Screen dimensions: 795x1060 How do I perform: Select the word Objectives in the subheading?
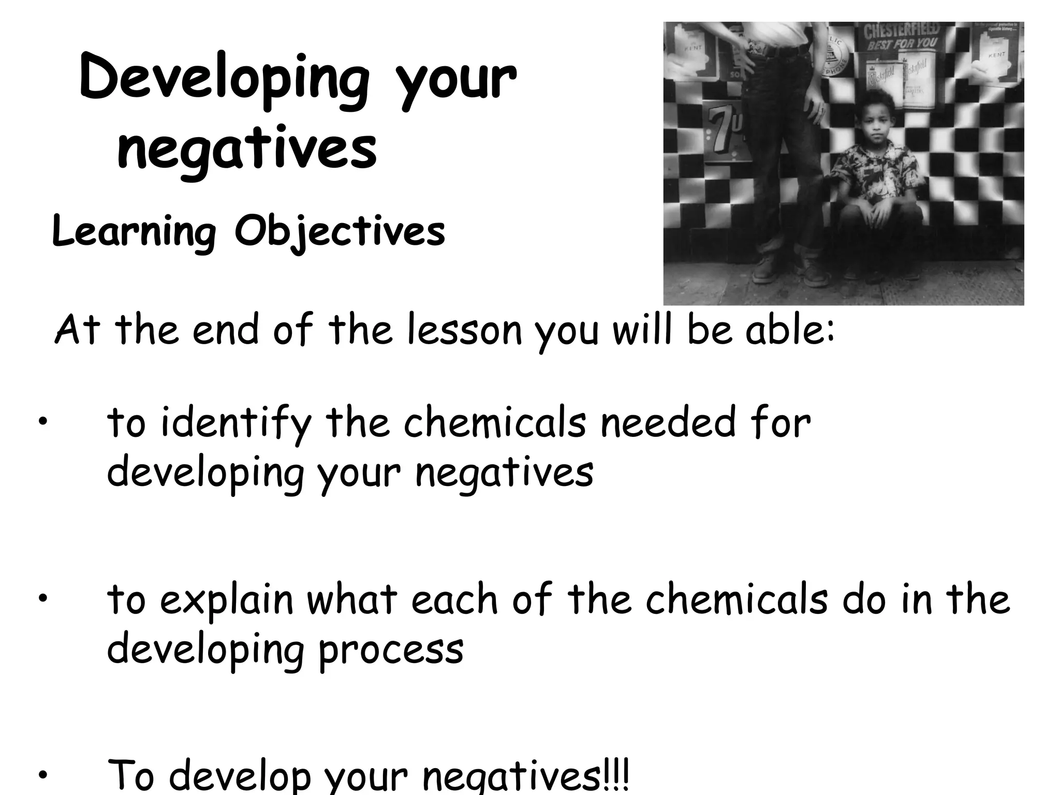click(x=340, y=231)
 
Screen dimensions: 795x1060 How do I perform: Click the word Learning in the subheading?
click(x=134, y=232)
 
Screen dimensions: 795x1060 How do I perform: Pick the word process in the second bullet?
click(x=391, y=649)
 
